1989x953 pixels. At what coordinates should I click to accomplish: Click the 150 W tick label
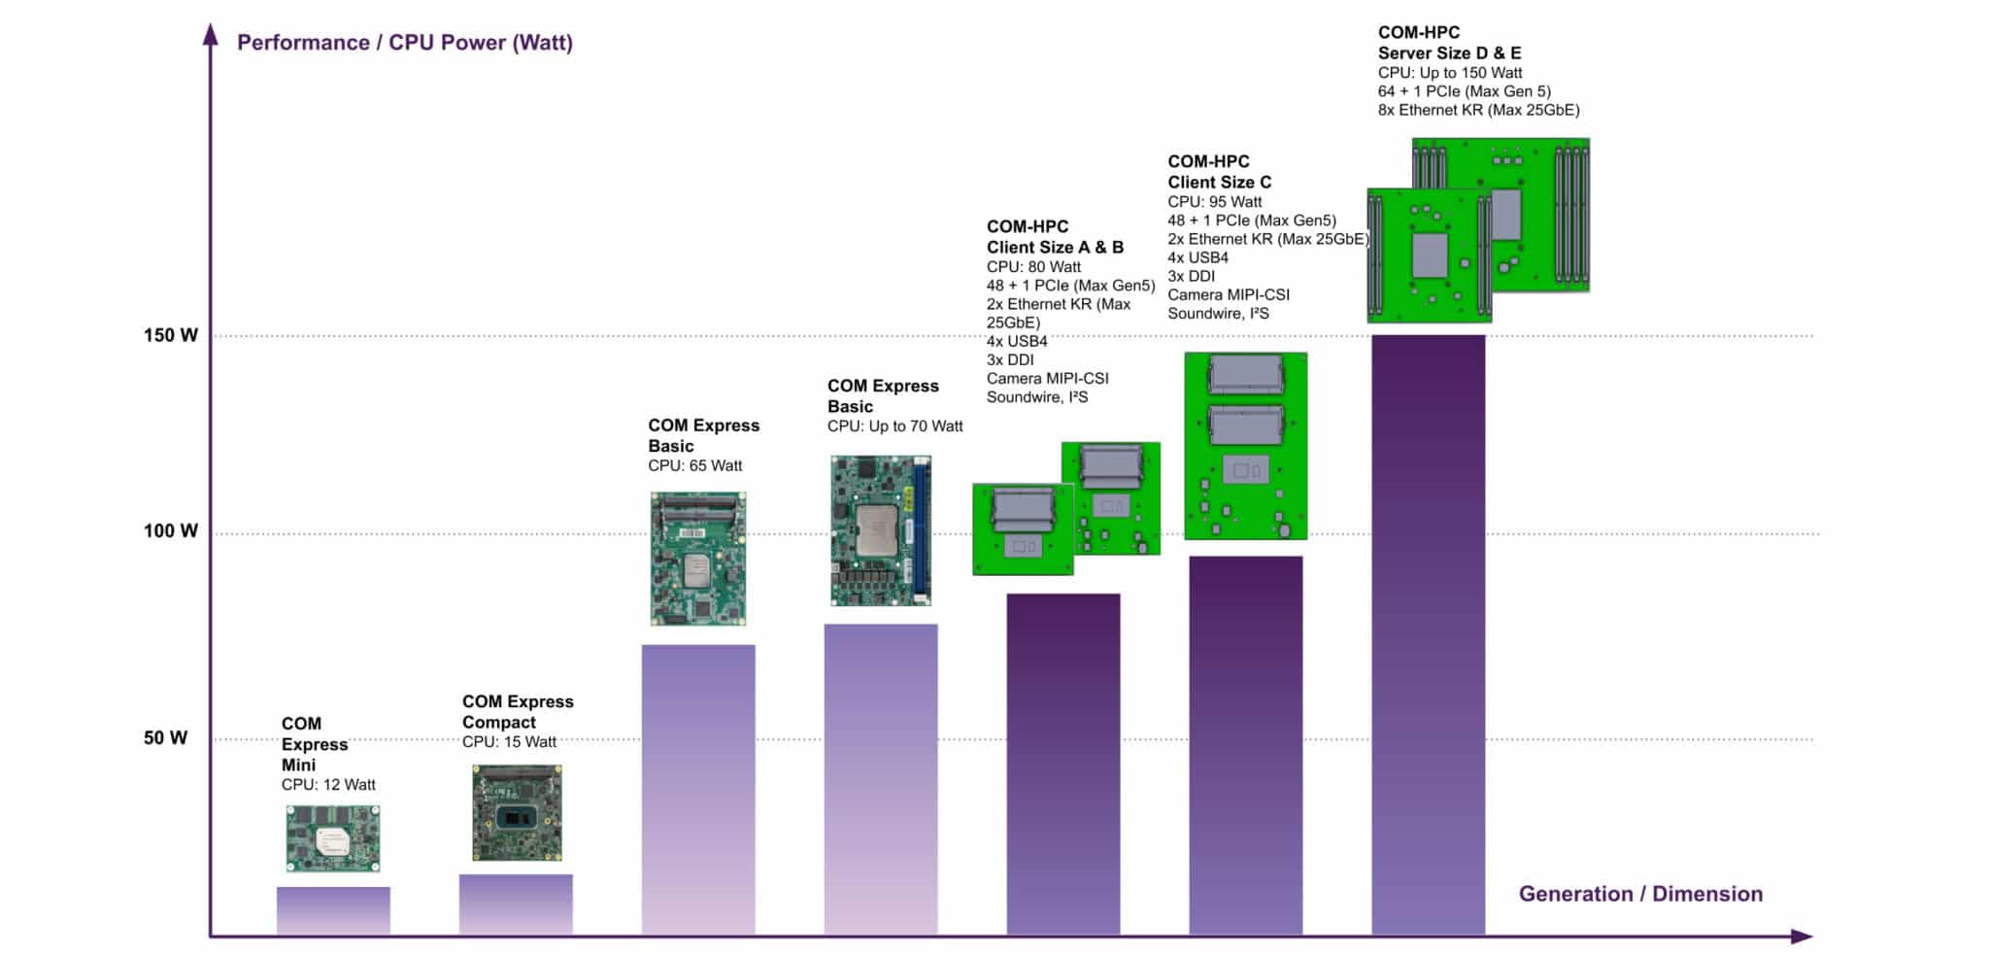170,336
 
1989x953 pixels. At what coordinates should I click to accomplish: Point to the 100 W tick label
170,531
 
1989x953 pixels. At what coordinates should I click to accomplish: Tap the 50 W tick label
165,738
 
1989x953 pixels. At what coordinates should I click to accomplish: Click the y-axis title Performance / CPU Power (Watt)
405,43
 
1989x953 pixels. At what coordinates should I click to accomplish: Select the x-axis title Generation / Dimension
1640,894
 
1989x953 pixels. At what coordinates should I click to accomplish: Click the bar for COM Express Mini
333,910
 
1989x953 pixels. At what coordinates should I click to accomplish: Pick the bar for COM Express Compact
516,904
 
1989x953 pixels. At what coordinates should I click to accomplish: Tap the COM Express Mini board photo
333,838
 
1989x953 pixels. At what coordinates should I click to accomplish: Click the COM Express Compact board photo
517,813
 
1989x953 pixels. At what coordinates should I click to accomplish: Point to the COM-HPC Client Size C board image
1245,446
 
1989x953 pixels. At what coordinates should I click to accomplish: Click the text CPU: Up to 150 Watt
1450,73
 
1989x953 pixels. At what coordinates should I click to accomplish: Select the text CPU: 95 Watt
1215,202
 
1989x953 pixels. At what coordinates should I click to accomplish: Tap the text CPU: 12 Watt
328,785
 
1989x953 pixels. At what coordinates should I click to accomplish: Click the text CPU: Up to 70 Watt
894,426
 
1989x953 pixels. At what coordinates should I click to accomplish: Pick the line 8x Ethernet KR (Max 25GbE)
1478,110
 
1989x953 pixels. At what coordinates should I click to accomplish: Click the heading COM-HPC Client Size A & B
1055,237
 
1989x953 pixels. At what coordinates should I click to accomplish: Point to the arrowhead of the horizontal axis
1802,936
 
